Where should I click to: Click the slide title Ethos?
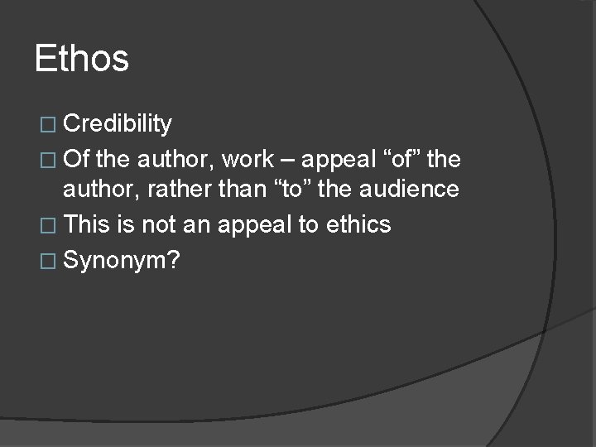coord(82,60)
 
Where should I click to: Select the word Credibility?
coord(117,124)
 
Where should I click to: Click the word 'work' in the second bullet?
coord(247,157)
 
